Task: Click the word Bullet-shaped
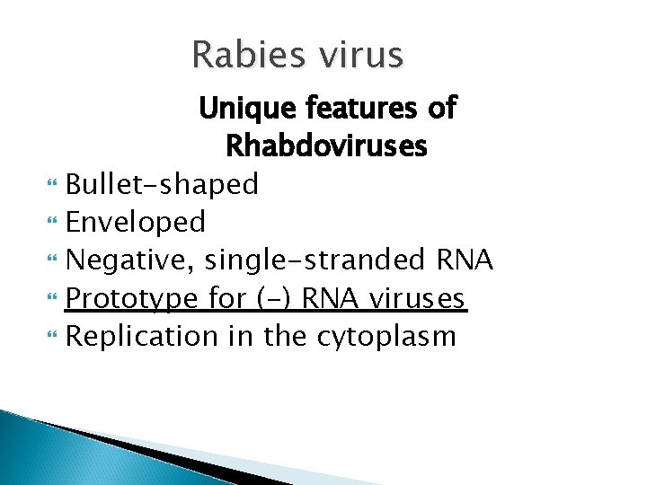pyautogui.click(x=163, y=184)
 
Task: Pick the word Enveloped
pyautogui.click(x=137, y=221)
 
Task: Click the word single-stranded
pyautogui.click(x=313, y=260)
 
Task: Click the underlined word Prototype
pyautogui.click(x=137, y=298)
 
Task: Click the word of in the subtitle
pyautogui.click(x=440, y=110)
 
